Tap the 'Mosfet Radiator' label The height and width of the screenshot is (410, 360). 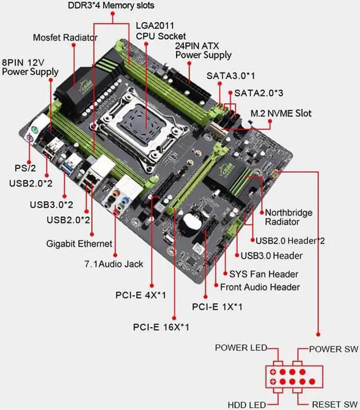65,38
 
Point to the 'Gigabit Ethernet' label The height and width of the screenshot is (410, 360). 79,244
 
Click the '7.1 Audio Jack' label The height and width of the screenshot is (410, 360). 114,264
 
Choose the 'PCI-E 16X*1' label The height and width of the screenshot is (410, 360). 161,327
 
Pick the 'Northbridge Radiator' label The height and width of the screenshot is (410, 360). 289,217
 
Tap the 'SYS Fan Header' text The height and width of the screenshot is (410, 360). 263,274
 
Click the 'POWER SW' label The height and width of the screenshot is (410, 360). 333,349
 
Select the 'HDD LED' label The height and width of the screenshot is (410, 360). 247,404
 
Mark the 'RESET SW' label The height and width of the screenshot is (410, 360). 334,404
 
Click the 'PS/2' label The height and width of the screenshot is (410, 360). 26,168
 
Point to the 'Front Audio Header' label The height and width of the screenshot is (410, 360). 260,287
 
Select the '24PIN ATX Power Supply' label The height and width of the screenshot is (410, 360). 203,50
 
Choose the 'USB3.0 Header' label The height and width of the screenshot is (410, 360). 271,256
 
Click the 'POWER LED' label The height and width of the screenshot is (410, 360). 240,348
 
